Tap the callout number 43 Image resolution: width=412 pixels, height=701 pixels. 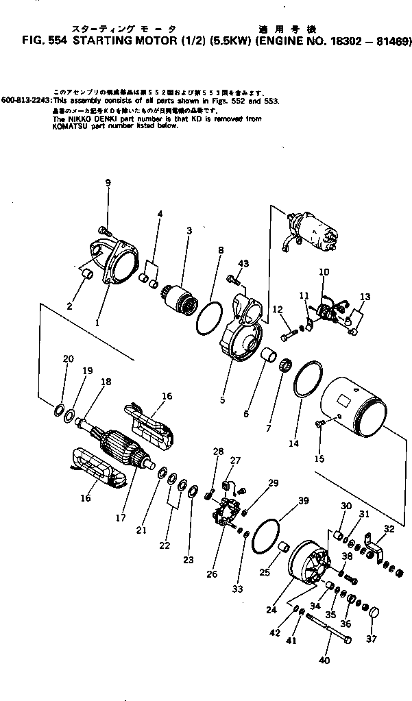(x=243, y=264)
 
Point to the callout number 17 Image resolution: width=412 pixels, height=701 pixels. (x=120, y=518)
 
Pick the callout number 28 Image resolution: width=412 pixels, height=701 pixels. (x=218, y=451)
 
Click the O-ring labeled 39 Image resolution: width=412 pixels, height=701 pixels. (x=265, y=534)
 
